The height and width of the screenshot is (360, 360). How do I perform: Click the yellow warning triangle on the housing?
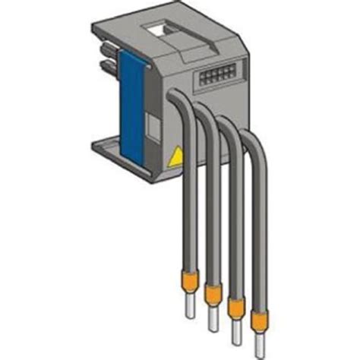pos(175,156)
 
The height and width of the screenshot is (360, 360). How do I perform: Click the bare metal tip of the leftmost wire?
pos(185,304)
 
